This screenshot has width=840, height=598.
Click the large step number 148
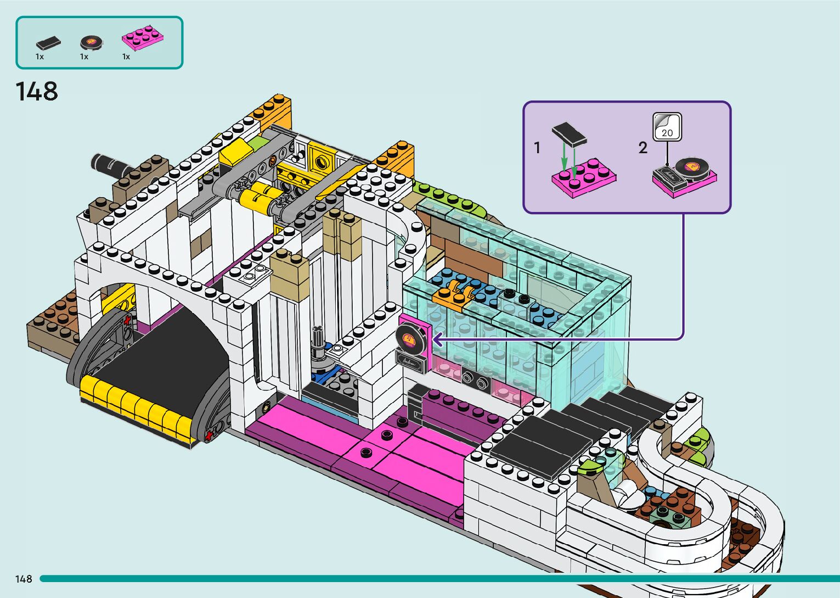pyautogui.click(x=36, y=92)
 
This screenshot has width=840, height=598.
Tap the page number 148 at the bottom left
pyautogui.click(x=24, y=579)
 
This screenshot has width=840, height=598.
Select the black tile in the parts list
pyautogui.click(x=48, y=42)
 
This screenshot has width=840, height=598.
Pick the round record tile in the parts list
pyautogui.click(x=91, y=41)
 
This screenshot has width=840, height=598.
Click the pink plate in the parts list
pyautogui.click(x=143, y=37)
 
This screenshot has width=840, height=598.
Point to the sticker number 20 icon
pyautogui.click(x=667, y=127)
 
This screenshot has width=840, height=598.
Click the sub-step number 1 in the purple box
pyautogui.click(x=537, y=148)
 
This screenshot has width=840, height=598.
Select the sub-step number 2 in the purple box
pyautogui.click(x=643, y=148)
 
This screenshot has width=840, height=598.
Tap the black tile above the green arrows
pyautogui.click(x=570, y=133)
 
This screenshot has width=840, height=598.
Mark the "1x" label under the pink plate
pyautogui.click(x=126, y=57)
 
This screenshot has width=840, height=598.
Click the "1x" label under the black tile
pyautogui.click(x=40, y=57)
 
